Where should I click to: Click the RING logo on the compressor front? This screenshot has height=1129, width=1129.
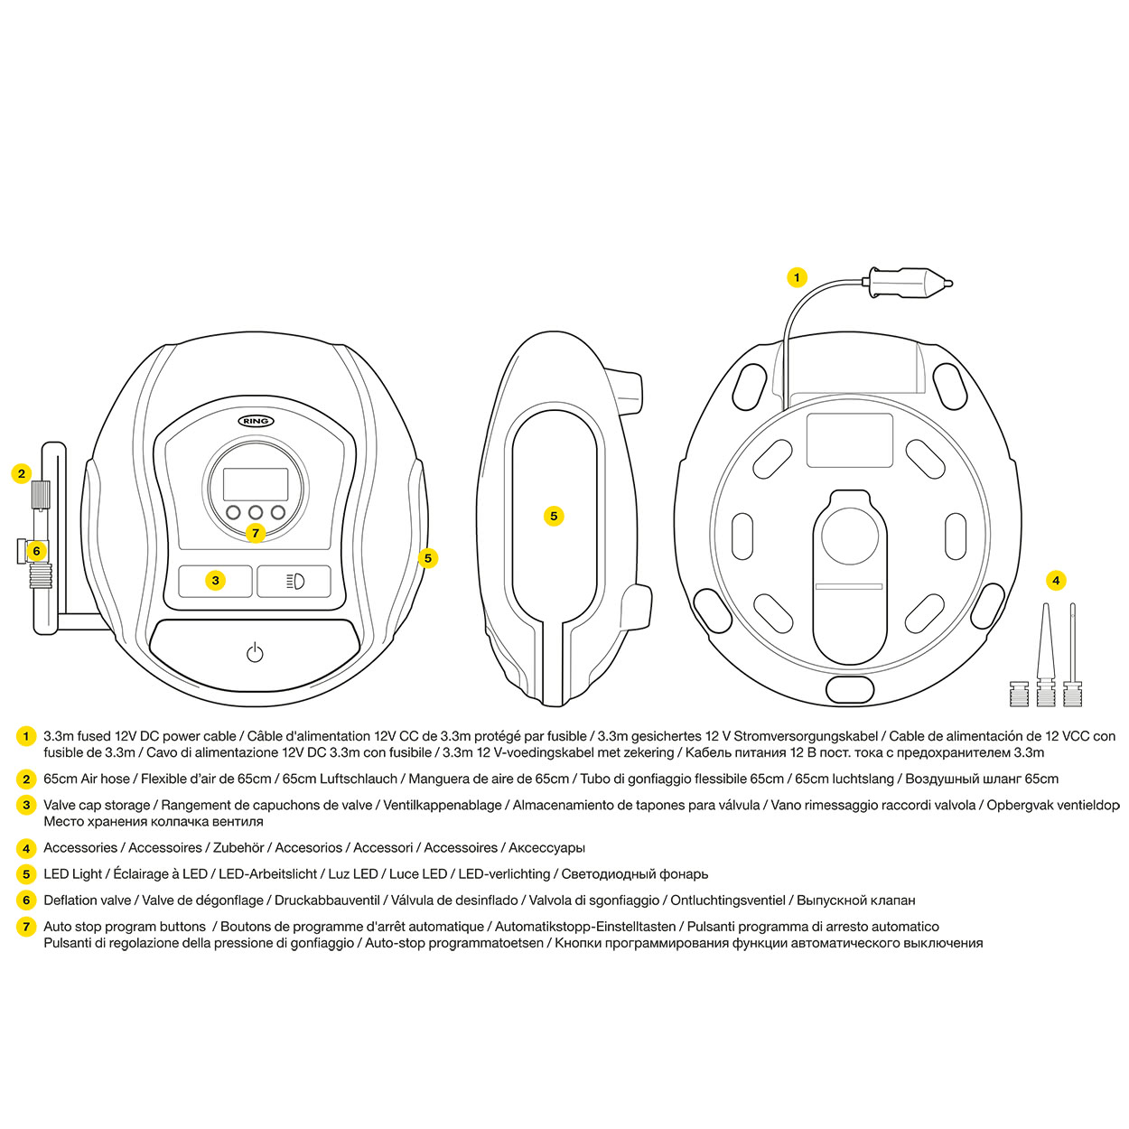(x=256, y=421)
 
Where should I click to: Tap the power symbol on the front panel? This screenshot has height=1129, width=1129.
(x=255, y=652)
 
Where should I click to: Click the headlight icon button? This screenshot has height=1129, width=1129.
(x=294, y=581)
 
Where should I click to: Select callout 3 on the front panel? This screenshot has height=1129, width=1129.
(x=215, y=580)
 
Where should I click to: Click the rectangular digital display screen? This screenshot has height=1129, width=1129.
(x=256, y=485)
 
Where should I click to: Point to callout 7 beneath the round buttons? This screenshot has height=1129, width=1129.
(x=256, y=533)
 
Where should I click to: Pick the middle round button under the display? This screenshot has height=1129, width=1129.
(x=256, y=512)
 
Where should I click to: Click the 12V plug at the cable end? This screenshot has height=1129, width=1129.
(x=908, y=283)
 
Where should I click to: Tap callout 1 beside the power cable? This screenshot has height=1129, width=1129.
(x=797, y=277)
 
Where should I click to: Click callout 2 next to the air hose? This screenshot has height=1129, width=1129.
(x=22, y=473)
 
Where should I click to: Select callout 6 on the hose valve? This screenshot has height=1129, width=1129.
(x=36, y=551)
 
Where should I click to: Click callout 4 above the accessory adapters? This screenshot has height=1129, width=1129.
(x=1056, y=580)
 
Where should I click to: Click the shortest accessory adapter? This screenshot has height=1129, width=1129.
(x=1018, y=694)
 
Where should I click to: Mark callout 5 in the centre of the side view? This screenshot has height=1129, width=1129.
(x=554, y=516)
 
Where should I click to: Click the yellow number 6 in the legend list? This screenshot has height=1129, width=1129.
(x=26, y=900)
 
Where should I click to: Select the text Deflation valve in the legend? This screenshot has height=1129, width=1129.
(x=88, y=900)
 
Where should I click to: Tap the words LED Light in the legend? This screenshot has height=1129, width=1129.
(x=73, y=874)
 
